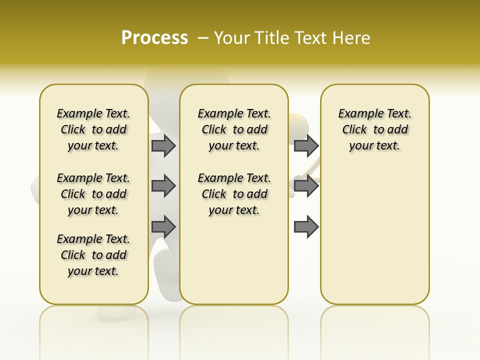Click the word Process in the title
tap(154, 37)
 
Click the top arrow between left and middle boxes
tap(163, 145)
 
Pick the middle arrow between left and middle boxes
tap(163, 186)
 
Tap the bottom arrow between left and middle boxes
tap(163, 227)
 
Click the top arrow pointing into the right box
tap(306, 145)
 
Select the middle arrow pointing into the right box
tap(306, 186)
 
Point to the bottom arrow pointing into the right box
tap(306, 227)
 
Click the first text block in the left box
tap(93, 129)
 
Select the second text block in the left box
tap(93, 194)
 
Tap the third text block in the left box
tap(93, 255)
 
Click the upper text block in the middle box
tap(234, 129)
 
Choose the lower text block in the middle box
tap(234, 194)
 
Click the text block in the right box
tap(374, 129)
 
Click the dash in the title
tap(203, 37)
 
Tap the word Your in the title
tap(232, 37)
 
